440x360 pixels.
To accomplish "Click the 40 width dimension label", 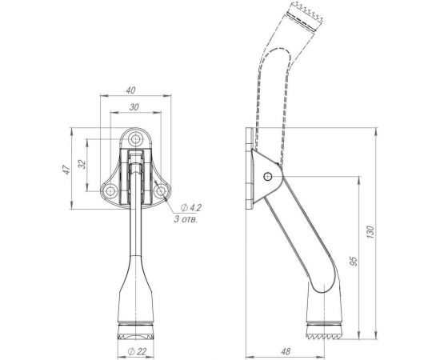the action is [x=130, y=90].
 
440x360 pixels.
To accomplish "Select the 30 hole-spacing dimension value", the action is [x=134, y=107].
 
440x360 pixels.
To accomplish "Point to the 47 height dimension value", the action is [x=66, y=169].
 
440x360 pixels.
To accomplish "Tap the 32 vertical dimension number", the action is [x=82, y=164].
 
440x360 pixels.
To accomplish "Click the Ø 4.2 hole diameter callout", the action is [x=191, y=208].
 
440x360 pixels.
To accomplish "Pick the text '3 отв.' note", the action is [x=186, y=219].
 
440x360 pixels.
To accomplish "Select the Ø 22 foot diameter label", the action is [x=138, y=351].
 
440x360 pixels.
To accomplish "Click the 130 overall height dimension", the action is [x=370, y=232].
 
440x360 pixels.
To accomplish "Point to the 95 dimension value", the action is [x=354, y=261].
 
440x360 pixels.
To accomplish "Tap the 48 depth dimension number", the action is [x=286, y=351].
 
